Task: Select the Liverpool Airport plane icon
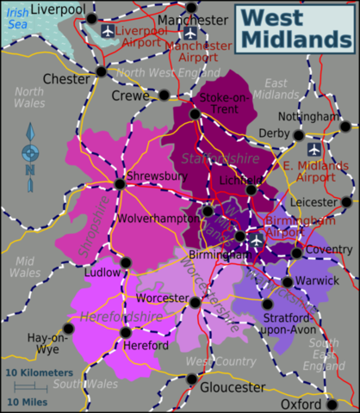pyautogui.click(x=108, y=31)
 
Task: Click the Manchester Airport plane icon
pyautogui.click(x=190, y=33)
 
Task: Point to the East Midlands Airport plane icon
pyautogui.click(x=313, y=148)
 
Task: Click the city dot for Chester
pyautogui.click(x=102, y=72)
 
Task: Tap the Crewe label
pyautogui.click(x=130, y=96)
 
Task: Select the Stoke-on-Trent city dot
pyautogui.click(x=196, y=114)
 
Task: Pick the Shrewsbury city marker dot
pyautogui.click(x=120, y=184)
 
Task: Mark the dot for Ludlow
pyautogui.click(x=126, y=262)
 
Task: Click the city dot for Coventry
pyautogui.click(x=298, y=252)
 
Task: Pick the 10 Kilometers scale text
pyautogui.click(x=40, y=373)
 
